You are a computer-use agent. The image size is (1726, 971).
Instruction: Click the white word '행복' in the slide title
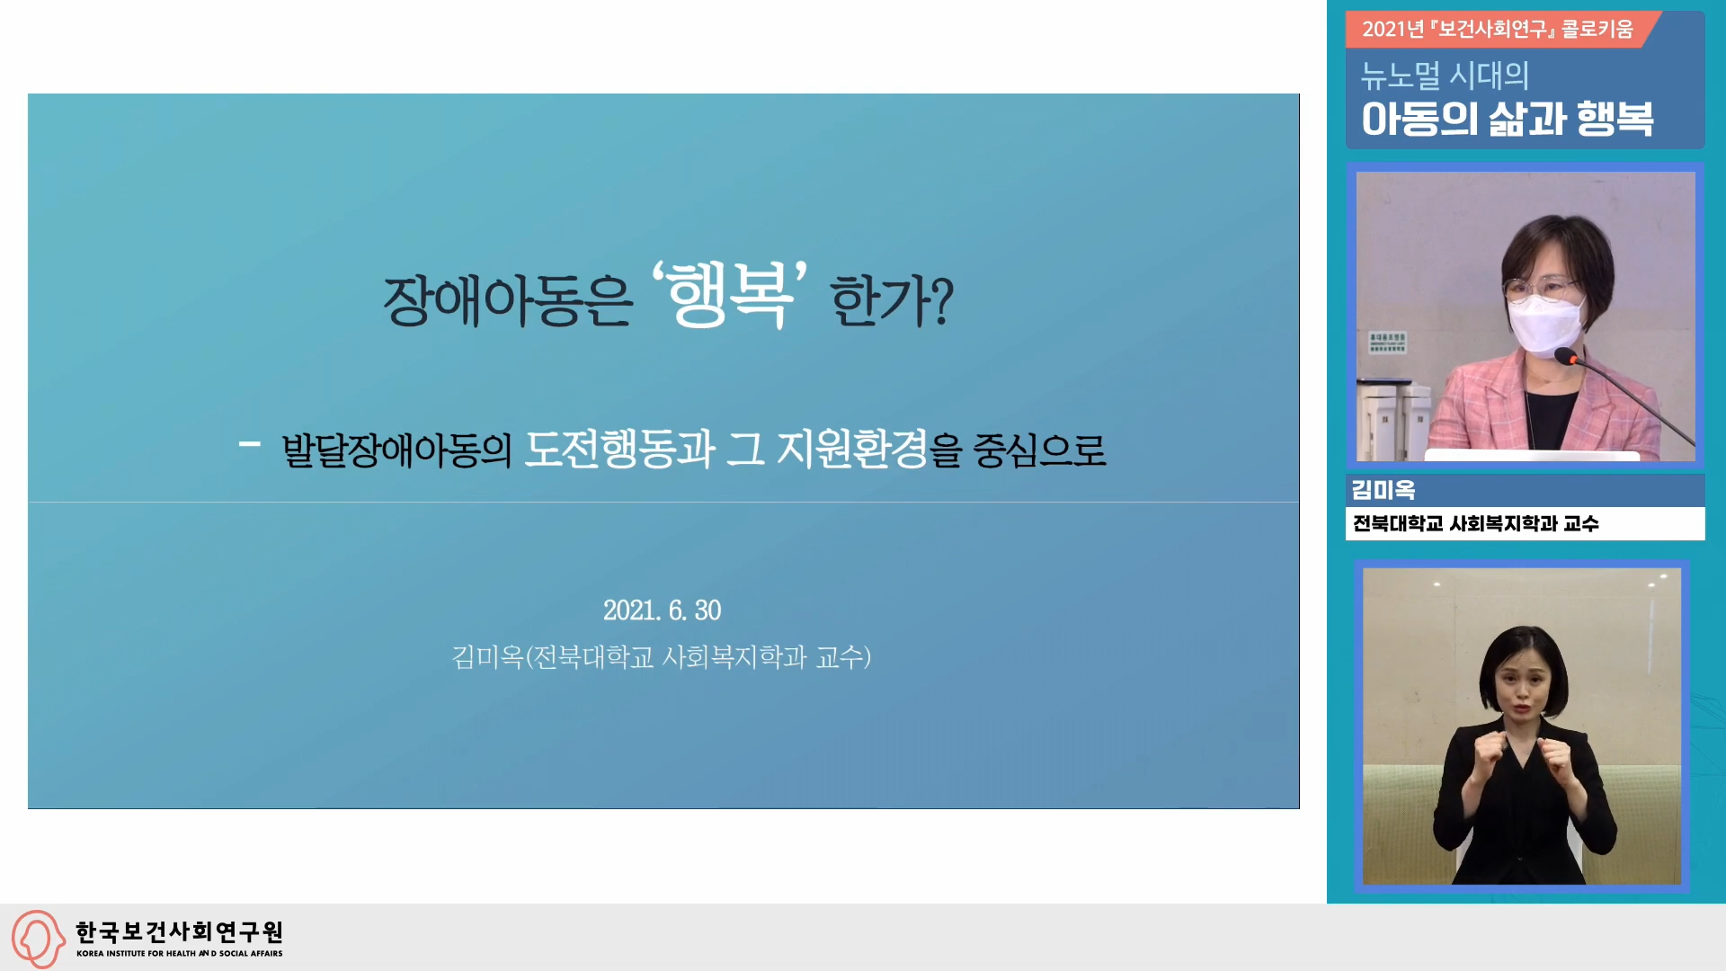pyautogui.click(x=730, y=295)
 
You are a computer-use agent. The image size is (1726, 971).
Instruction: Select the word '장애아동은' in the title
pyautogui.click(x=508, y=300)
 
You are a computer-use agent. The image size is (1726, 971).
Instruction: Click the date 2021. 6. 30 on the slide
pyautogui.click(x=663, y=610)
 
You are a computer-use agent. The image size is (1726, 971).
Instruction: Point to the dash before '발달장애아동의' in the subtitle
pyautogui.click(x=250, y=443)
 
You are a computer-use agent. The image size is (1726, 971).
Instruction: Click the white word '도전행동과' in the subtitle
pyautogui.click(x=619, y=449)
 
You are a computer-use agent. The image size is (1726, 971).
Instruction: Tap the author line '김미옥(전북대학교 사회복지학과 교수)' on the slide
pyautogui.click(x=661, y=657)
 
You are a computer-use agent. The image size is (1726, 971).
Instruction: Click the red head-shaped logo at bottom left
pyautogui.click(x=38, y=939)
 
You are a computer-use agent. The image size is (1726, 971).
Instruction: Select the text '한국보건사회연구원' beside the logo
pyautogui.click(x=179, y=931)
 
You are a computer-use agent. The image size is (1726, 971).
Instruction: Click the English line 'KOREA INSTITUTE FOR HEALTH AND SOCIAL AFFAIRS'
pyautogui.click(x=179, y=953)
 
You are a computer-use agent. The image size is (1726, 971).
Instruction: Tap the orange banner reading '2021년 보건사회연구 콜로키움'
pyautogui.click(x=1498, y=29)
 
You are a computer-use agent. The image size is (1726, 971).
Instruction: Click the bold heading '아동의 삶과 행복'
pyautogui.click(x=1508, y=119)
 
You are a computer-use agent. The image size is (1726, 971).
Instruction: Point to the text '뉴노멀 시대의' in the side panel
pyautogui.click(x=1445, y=76)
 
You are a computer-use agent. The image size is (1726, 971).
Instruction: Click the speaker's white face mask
pyautogui.click(x=1547, y=324)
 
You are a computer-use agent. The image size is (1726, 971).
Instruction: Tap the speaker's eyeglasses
pyautogui.click(x=1543, y=288)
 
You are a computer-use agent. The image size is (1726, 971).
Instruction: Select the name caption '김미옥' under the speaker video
pyautogui.click(x=1383, y=490)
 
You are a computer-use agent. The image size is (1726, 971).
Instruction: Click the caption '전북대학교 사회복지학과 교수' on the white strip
pyautogui.click(x=1476, y=523)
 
